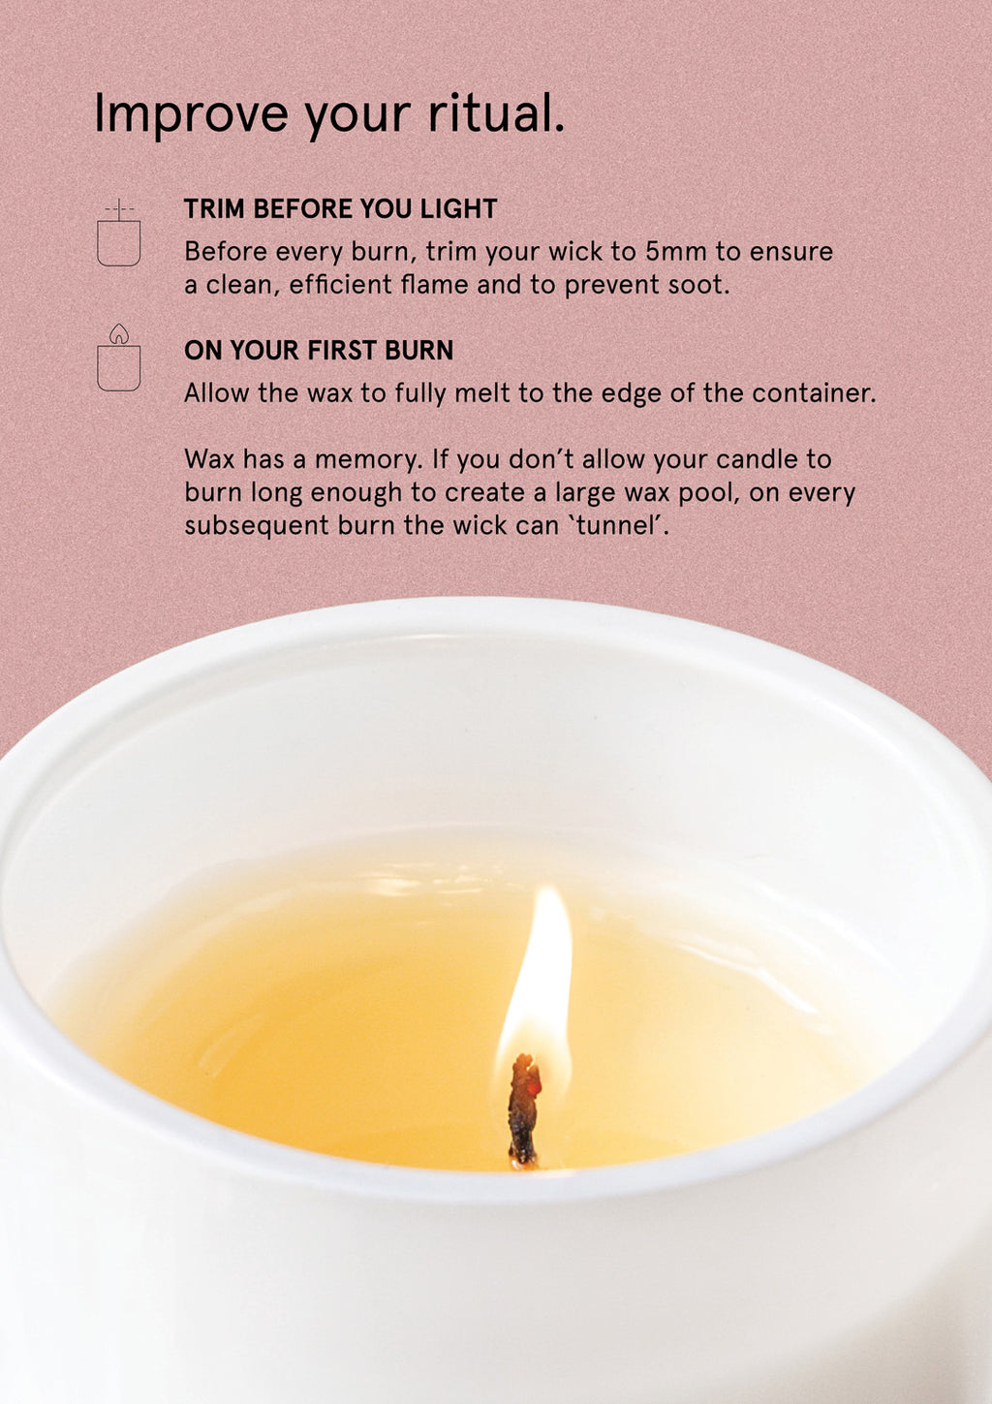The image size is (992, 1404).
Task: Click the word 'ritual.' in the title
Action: (496, 112)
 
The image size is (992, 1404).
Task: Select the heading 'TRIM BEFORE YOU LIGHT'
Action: (340, 208)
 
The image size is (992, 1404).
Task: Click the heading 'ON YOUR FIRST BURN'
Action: (319, 351)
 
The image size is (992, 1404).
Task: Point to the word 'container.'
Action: (814, 393)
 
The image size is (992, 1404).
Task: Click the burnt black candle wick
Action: (524, 1109)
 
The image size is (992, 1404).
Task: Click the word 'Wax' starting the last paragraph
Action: (209, 460)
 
